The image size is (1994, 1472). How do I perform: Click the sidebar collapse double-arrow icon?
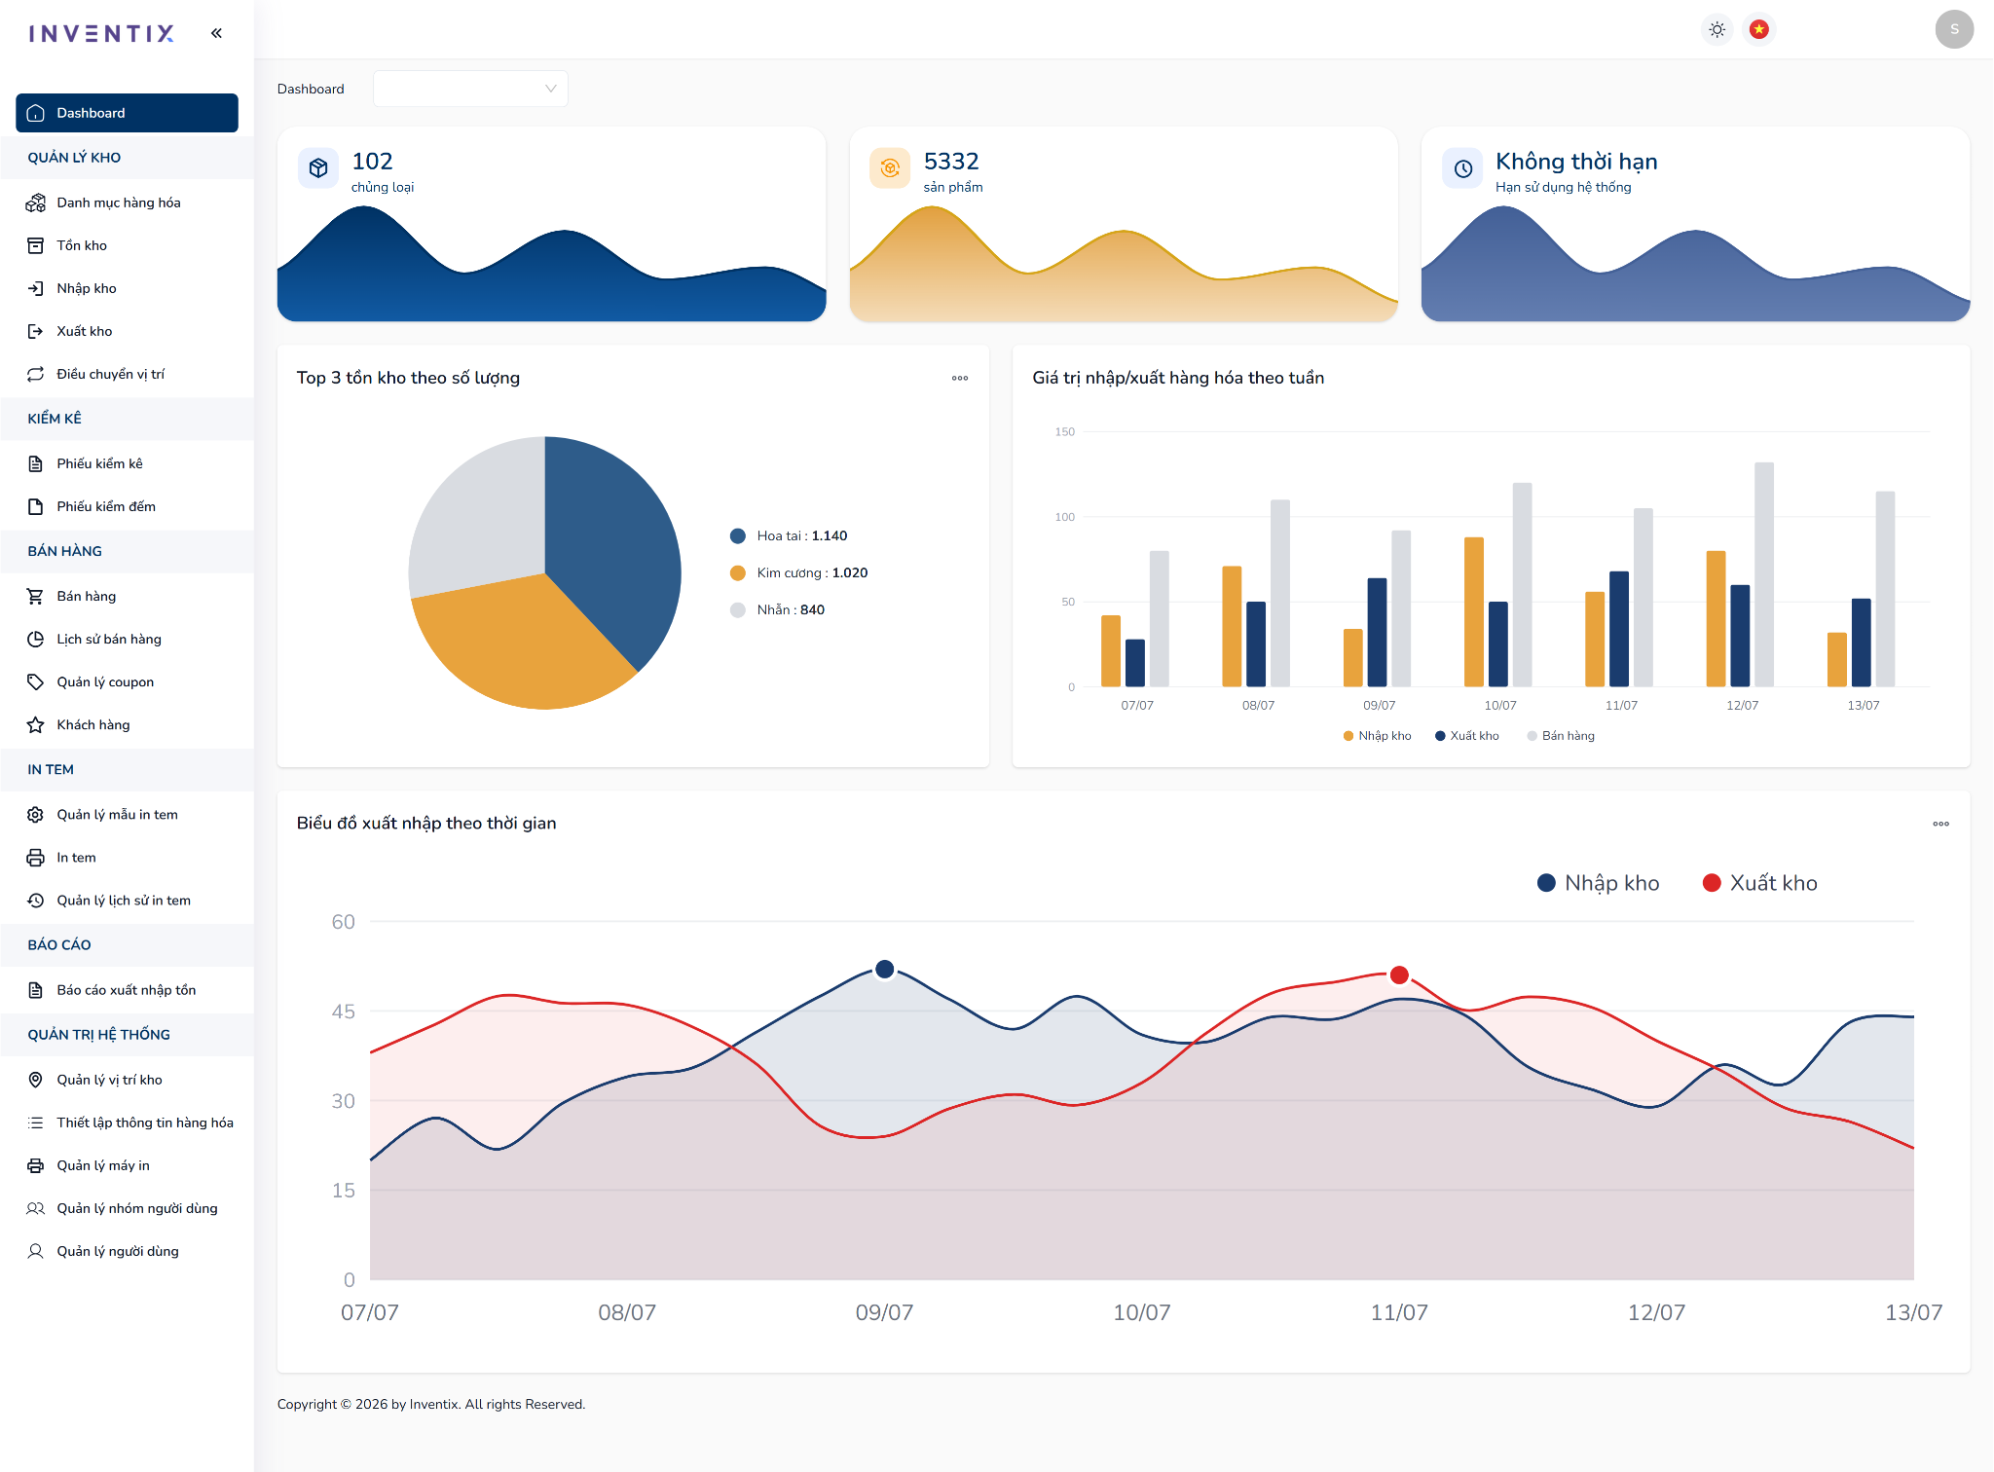click(x=216, y=33)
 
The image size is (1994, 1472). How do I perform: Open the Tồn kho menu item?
click(x=82, y=245)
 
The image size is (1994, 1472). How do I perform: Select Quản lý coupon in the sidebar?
click(x=105, y=681)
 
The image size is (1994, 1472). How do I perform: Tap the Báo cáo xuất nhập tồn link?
click(x=127, y=990)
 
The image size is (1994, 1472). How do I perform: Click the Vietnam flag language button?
click(x=1759, y=29)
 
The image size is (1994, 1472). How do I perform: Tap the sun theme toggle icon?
click(x=1717, y=29)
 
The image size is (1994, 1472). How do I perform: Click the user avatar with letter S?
click(x=1954, y=29)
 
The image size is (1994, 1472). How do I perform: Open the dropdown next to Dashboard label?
click(x=470, y=89)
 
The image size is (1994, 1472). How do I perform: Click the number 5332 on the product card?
click(x=951, y=161)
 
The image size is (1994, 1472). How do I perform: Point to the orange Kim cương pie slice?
click(x=516, y=643)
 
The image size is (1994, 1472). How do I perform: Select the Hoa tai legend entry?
click(x=789, y=535)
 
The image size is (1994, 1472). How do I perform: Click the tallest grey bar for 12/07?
click(x=1764, y=574)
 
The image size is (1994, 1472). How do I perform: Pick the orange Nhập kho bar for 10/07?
click(x=1474, y=612)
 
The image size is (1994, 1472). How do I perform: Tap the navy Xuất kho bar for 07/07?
click(x=1135, y=663)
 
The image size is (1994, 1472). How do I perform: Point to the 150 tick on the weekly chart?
click(x=1065, y=431)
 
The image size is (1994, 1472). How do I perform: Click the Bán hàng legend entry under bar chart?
click(x=1561, y=736)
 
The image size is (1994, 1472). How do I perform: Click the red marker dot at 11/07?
click(x=1399, y=975)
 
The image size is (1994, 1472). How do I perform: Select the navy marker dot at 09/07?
click(x=885, y=969)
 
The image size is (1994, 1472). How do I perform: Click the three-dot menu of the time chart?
click(x=1940, y=824)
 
